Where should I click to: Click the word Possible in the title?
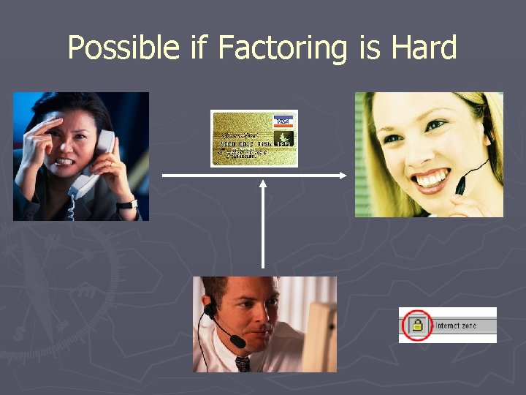point(123,48)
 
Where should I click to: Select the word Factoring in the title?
point(284,48)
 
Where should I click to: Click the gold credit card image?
point(254,138)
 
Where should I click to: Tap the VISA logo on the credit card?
point(281,121)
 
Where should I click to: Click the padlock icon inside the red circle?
point(417,325)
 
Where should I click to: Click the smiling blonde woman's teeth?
point(430,178)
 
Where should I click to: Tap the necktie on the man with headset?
point(242,364)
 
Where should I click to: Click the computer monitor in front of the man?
point(318,333)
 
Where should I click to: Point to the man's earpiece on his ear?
point(210,311)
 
